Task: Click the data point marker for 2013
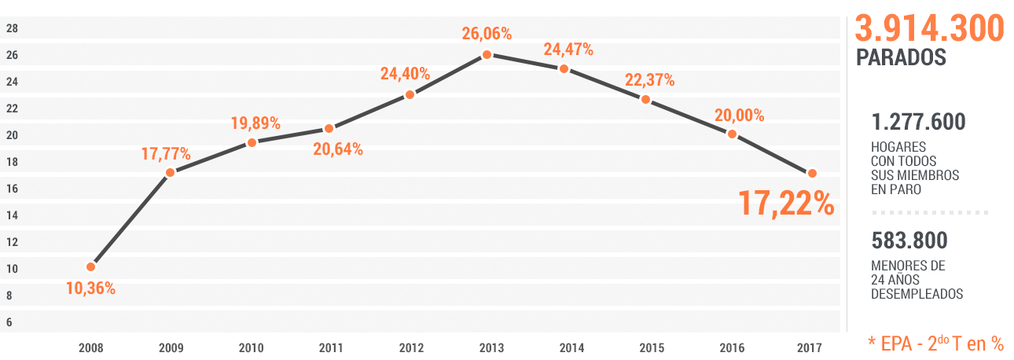487,54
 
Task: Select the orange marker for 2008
90,267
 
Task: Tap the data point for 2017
812,173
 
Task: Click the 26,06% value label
487,34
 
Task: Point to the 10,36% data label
90,288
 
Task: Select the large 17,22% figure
786,203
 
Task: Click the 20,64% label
338,149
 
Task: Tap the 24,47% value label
568,50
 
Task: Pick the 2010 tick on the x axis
251,347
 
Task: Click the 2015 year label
651,347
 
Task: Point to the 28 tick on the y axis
12,28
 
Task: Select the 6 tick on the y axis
9,322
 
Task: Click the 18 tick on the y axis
12,162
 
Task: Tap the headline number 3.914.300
929,29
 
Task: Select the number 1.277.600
918,123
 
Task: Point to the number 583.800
909,241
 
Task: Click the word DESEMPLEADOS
917,294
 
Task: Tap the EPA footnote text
935,343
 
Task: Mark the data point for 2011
329,128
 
